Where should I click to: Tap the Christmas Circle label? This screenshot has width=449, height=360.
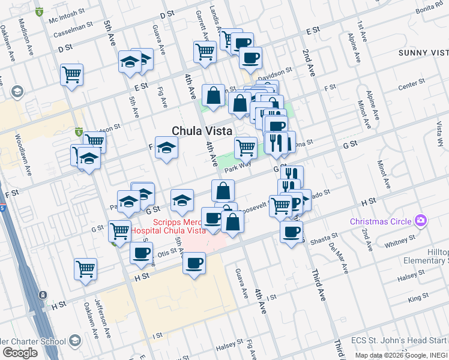382,221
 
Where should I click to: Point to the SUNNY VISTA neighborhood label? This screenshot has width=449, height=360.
423,53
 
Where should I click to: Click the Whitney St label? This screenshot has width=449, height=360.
396,243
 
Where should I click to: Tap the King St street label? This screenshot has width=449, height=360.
414,298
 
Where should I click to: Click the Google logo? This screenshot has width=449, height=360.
20,353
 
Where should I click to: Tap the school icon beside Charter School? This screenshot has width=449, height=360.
74,341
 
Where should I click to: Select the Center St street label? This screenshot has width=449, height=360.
411,83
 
